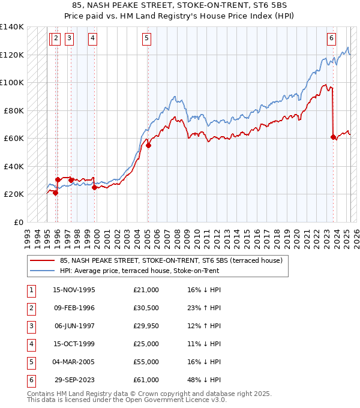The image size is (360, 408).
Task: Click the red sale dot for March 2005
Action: (148, 145)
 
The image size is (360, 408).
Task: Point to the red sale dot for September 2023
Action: (334, 137)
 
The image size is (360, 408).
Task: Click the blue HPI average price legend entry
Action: (139, 271)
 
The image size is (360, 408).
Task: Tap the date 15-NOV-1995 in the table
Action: (74, 290)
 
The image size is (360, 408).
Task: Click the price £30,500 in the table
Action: (146, 308)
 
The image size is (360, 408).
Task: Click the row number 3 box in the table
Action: (30, 326)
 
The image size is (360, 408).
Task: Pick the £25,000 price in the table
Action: (146, 344)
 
